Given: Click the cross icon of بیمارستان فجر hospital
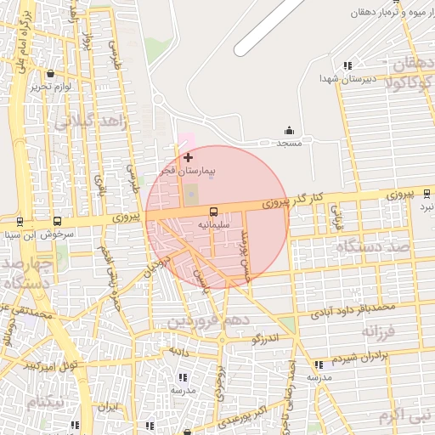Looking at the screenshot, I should point(188,157).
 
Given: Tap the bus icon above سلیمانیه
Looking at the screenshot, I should point(212,211).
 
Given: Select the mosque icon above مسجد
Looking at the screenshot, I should point(289,131).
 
